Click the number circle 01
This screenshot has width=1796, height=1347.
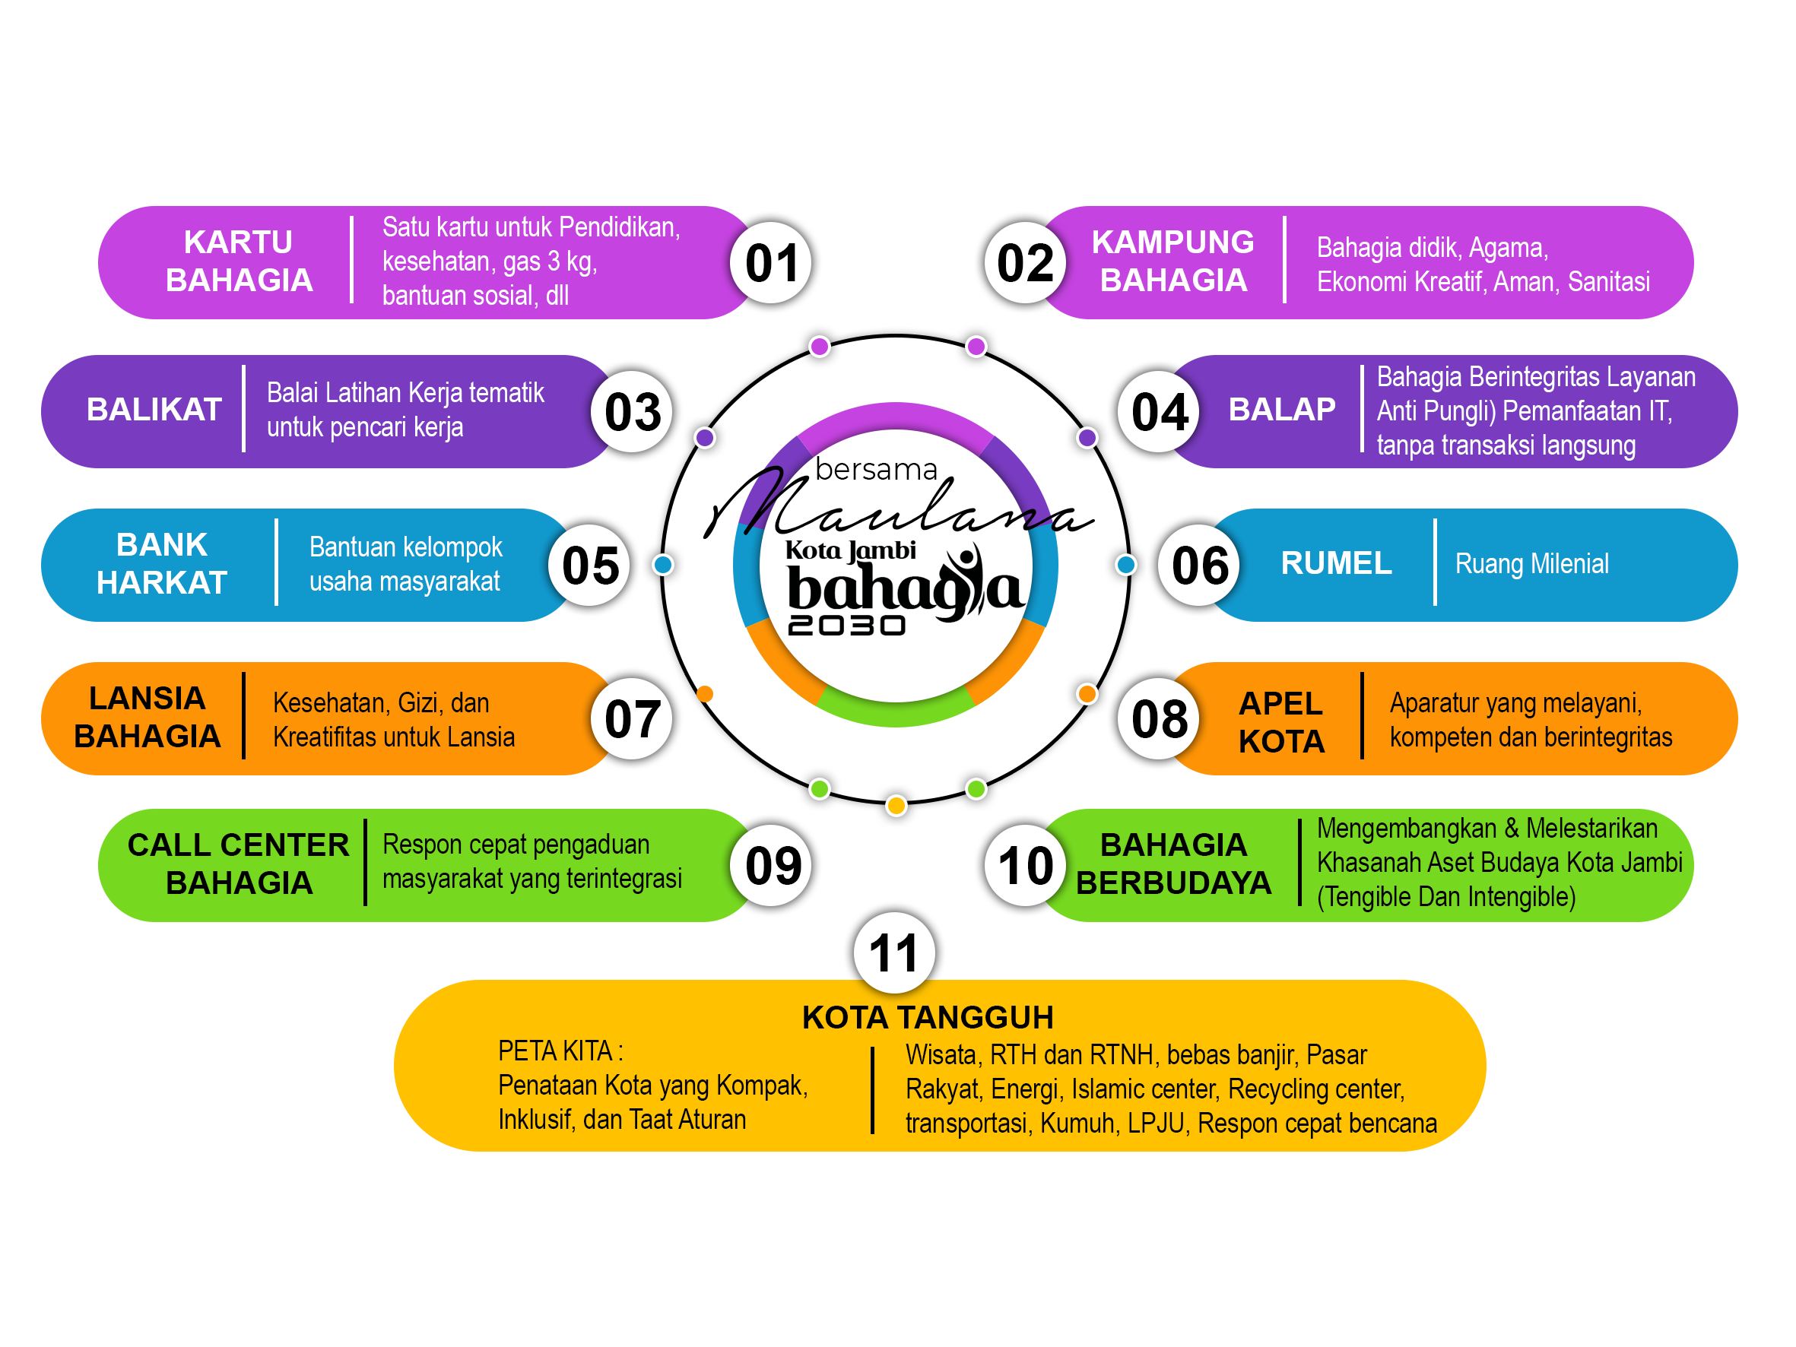[771, 263]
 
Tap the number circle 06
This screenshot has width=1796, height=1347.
[1199, 565]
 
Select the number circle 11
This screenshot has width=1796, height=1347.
[894, 952]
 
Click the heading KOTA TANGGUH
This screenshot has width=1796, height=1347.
[927, 1017]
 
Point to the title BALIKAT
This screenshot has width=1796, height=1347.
[154, 409]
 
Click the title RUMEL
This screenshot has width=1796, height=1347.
[1336, 563]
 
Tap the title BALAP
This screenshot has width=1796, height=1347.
[1281, 409]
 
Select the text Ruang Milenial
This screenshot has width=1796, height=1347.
[1531, 564]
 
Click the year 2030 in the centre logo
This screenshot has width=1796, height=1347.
[846, 625]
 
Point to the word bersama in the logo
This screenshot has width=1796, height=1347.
[876, 470]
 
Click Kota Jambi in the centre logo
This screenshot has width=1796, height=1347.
[850, 551]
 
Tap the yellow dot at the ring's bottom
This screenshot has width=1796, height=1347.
[896, 806]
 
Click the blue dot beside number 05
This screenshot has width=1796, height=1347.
[663, 565]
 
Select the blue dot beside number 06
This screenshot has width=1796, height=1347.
[1125, 565]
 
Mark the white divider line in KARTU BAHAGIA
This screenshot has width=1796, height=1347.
[351, 260]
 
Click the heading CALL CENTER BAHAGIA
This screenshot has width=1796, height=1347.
[238, 864]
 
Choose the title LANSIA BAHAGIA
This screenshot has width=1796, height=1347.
[147, 718]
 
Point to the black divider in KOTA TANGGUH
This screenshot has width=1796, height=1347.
[873, 1089]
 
